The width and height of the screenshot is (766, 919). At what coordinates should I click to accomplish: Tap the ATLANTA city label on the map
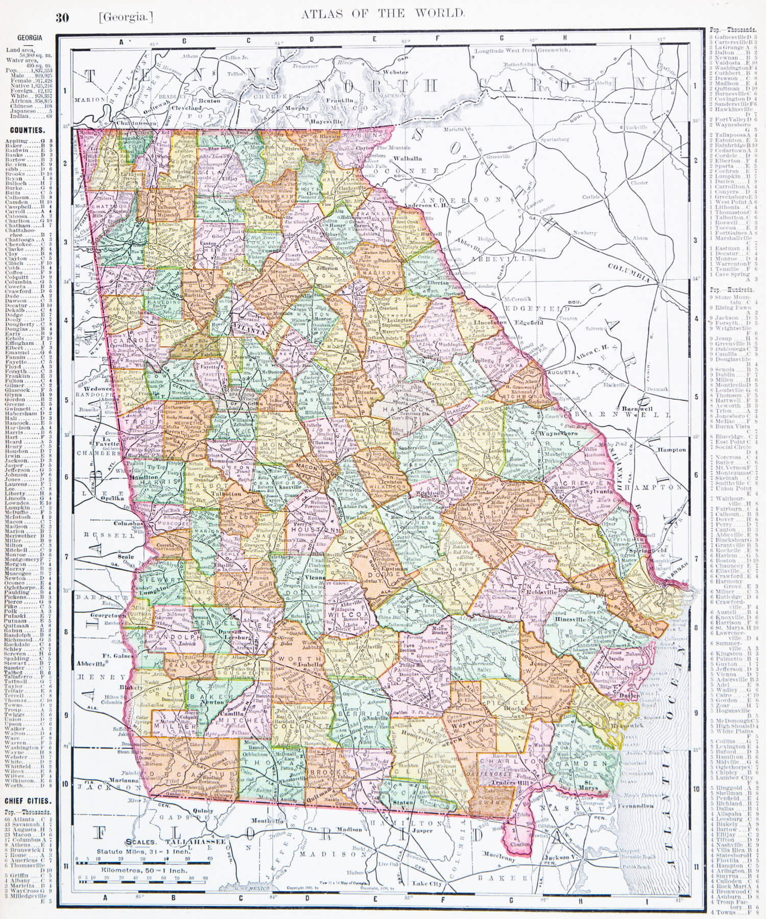pyautogui.click(x=249, y=330)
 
